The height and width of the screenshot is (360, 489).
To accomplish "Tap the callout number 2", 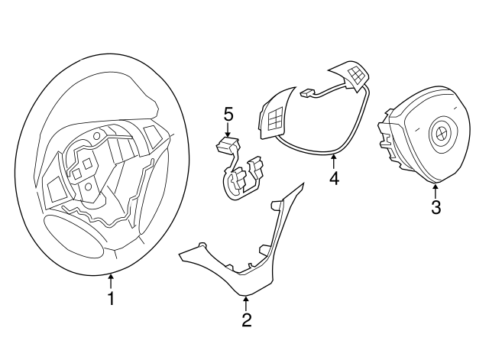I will tap(246, 321).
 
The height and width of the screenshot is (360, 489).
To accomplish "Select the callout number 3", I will tap(435, 207).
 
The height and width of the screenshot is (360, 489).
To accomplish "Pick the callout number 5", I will tap(228, 114).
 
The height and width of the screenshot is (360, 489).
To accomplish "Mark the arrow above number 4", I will tap(333, 161).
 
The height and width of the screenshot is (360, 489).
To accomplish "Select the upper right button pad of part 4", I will tap(354, 75).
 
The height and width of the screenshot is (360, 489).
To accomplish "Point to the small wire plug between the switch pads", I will tap(308, 95).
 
